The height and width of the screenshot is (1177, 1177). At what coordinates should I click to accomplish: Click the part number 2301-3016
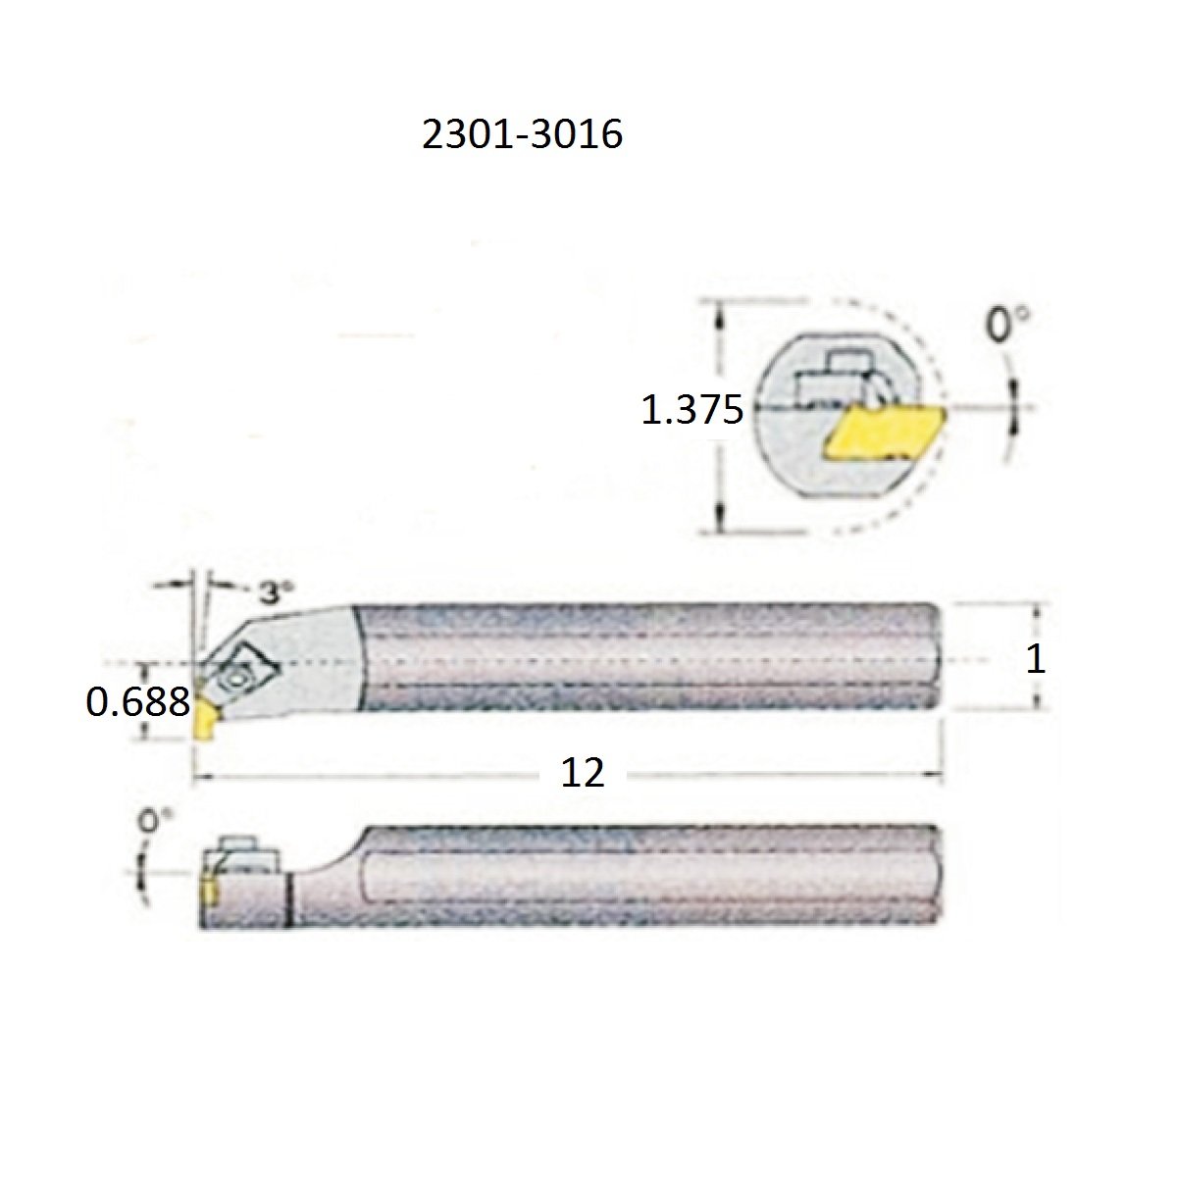522,134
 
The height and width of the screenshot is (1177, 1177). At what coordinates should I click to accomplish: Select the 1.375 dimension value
692,410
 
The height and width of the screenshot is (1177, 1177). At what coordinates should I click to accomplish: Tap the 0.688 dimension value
138,702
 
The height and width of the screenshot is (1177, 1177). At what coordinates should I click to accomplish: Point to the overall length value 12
582,772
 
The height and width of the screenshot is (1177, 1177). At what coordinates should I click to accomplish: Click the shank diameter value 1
1035,660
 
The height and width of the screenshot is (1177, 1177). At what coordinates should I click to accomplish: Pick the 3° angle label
275,591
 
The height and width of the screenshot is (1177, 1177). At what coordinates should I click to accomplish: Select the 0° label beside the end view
1006,324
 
